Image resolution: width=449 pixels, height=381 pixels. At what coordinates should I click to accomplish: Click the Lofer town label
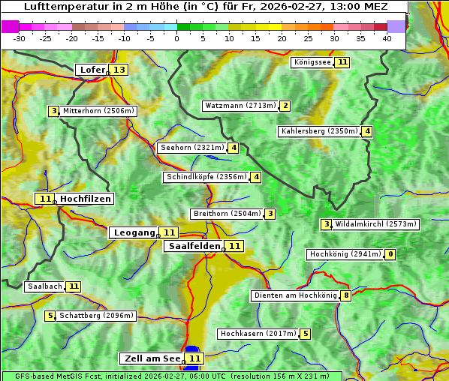tap(92, 70)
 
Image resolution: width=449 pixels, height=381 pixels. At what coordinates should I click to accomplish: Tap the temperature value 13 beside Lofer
tap(119, 70)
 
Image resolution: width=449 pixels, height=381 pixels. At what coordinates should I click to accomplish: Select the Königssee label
tap(312, 62)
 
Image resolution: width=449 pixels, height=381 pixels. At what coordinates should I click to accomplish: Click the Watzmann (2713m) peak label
tap(240, 106)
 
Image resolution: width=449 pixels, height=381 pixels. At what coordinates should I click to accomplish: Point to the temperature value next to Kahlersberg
tap(367, 131)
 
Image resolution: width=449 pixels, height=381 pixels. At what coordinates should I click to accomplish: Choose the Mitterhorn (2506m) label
tap(98, 111)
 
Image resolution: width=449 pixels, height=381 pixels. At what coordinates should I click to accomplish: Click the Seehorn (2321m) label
tap(192, 148)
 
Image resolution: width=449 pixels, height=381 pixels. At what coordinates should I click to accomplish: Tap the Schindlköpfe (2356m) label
tap(206, 177)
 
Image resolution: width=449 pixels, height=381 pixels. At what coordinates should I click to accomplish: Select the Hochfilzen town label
tap(86, 199)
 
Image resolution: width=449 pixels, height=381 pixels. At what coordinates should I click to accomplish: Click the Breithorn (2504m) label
tap(227, 214)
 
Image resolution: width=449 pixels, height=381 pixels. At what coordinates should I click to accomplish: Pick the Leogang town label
tap(134, 232)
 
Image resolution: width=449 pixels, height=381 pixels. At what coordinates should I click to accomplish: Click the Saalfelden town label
tap(194, 246)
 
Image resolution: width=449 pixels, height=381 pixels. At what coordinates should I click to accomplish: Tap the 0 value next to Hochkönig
tap(390, 254)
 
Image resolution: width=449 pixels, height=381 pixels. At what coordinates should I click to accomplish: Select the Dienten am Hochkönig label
tap(294, 295)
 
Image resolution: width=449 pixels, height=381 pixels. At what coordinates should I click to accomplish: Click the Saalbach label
tap(44, 286)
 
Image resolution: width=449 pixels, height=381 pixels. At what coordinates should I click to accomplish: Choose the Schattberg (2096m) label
tap(96, 316)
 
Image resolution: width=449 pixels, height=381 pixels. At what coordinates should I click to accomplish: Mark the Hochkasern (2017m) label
tap(258, 333)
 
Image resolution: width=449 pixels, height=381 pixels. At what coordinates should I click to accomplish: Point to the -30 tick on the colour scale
tap(20, 38)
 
